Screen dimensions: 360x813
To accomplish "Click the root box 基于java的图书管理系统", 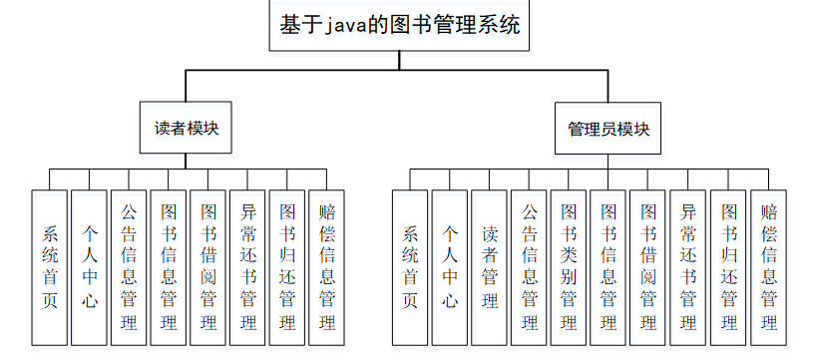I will (399, 26).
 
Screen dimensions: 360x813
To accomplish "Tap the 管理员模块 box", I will (609, 129).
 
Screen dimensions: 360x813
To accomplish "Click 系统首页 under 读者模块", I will (50, 267).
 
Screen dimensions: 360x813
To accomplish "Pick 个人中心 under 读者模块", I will (89, 267).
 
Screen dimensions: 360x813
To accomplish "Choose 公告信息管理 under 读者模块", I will (129, 267).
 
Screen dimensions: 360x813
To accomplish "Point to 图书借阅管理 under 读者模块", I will (208, 267).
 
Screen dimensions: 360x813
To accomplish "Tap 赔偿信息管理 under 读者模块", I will (327, 267).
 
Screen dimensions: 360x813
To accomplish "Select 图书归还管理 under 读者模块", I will (287, 267).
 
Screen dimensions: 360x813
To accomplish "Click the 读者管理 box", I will (489, 267).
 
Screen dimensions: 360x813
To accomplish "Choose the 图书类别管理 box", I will (569, 267).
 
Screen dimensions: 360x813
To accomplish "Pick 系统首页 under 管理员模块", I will (410, 267).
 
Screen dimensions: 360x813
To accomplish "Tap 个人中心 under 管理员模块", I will (449, 267).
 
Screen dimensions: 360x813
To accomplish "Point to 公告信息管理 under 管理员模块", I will (529, 267).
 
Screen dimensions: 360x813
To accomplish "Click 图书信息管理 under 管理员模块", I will (609, 267).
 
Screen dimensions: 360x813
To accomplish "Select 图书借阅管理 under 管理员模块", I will (648, 267).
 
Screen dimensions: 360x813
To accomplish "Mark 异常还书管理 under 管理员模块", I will (688, 267).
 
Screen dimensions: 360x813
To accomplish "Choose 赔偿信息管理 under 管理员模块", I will (768, 267).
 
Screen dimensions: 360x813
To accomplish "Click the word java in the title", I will (348, 27).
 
